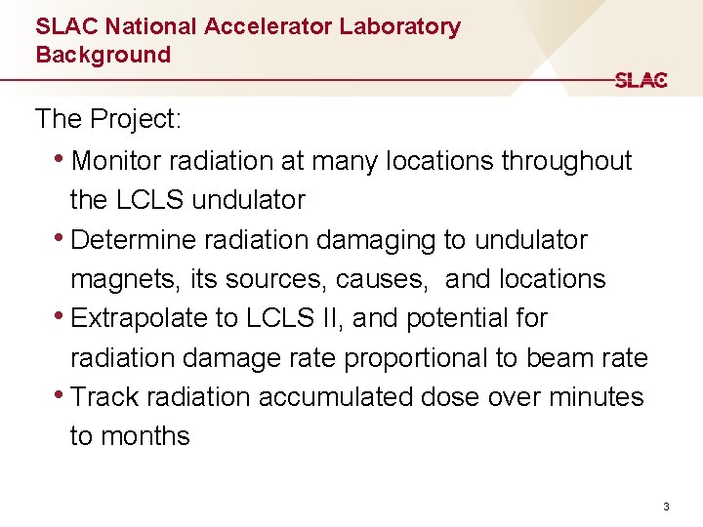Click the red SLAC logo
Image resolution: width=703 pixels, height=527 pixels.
(641, 80)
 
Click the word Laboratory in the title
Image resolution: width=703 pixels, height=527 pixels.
(399, 27)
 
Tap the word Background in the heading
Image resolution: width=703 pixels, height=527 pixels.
(103, 55)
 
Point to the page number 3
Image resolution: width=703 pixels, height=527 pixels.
(666, 507)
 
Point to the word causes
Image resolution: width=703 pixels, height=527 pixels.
(386, 279)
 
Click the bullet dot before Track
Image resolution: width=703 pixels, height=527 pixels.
(62, 395)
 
